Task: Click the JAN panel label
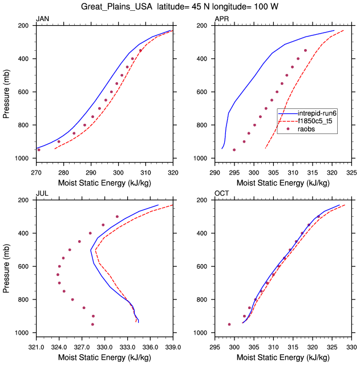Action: [x=42, y=19]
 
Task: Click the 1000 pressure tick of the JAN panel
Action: [x=23, y=158]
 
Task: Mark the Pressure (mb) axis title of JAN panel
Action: [x=6, y=92]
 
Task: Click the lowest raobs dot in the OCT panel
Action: [x=229, y=325]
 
